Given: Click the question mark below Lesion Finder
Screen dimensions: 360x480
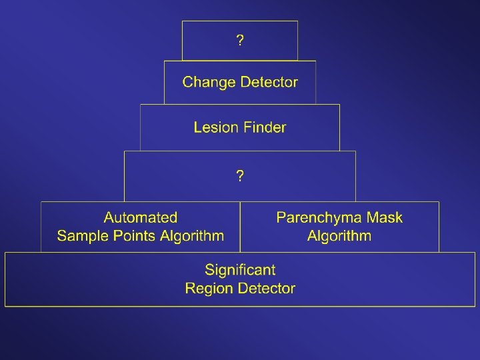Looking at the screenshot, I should (x=240, y=177).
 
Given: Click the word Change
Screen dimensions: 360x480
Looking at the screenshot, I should (x=209, y=83).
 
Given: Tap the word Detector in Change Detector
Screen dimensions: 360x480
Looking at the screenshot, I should (x=269, y=83).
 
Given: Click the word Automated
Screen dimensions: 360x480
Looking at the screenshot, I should (x=141, y=217).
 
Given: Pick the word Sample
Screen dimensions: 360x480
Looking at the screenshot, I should (x=81, y=235).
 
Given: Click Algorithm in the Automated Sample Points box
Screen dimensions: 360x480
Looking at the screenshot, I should (x=191, y=235).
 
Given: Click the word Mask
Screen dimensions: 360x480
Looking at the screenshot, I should (x=384, y=217).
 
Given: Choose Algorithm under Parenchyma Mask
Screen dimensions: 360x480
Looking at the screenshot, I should (x=339, y=235).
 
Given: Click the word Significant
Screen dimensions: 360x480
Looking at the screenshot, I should (x=240, y=270).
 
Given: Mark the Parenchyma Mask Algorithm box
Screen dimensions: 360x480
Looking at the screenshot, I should (x=339, y=244).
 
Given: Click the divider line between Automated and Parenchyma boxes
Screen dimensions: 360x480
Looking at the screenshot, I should (x=240, y=227).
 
